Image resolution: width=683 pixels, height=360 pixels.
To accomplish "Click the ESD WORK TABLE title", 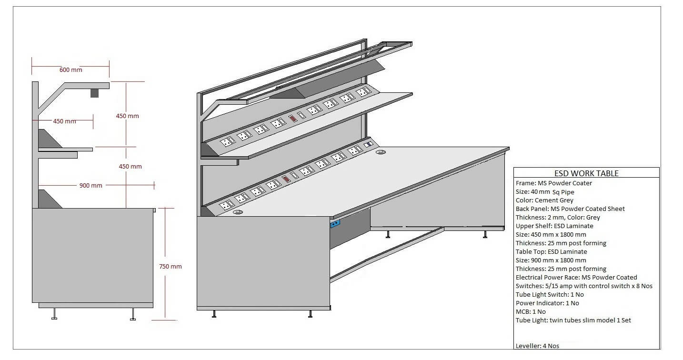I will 586,173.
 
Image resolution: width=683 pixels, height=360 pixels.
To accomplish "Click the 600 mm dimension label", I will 70,70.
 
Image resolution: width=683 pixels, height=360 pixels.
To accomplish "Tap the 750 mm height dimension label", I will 170,267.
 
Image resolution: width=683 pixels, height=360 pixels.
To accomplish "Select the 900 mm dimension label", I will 90,185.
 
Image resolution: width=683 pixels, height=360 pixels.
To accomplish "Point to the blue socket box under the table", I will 335,222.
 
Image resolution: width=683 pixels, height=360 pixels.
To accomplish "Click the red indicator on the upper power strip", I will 293,118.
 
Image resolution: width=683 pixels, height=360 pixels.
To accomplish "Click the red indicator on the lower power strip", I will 286,179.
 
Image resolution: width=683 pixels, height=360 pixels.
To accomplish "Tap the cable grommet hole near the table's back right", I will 381,153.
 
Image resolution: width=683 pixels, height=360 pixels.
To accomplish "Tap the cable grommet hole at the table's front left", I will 238,212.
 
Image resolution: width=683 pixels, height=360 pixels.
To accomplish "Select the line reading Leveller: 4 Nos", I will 537,346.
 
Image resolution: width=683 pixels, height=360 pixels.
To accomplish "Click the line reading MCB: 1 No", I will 531,311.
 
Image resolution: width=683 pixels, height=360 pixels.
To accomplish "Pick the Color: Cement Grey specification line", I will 544,200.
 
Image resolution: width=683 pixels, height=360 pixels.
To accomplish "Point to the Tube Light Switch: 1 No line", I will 550,294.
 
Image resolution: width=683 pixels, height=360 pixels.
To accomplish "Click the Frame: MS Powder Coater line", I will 554,183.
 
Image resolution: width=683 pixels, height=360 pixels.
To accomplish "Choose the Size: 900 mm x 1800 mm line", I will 551,260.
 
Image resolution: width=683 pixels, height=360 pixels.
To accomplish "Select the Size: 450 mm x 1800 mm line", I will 551,234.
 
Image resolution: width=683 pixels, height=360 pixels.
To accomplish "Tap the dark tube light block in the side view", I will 94,93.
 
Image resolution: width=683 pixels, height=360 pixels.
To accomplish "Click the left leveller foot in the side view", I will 54,314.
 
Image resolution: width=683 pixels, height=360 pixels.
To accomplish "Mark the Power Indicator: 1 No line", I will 547,303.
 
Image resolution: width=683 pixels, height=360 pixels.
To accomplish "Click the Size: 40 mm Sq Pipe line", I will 545,192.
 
